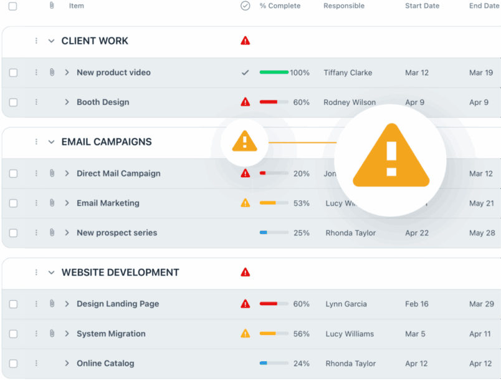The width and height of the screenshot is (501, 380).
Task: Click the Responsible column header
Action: (x=344, y=6)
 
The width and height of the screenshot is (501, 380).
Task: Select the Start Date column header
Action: (x=422, y=6)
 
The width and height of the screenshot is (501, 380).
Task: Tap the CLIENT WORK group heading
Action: (x=95, y=41)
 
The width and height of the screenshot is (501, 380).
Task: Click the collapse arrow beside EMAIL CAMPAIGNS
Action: (x=52, y=142)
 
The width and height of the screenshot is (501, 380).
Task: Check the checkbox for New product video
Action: (x=13, y=73)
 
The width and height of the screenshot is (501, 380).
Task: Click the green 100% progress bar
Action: (x=274, y=73)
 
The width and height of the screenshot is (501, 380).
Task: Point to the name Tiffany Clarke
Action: (x=348, y=73)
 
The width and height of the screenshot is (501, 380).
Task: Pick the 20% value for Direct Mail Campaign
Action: (x=302, y=174)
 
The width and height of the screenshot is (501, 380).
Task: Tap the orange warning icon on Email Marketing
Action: (x=246, y=203)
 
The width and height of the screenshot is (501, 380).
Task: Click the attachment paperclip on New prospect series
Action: (x=52, y=233)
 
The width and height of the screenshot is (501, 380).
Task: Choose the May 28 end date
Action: (x=481, y=233)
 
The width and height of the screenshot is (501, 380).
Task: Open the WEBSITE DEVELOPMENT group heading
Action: (x=120, y=273)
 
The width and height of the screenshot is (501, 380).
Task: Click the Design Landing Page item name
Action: (x=118, y=304)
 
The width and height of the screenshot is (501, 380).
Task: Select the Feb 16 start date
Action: (x=416, y=304)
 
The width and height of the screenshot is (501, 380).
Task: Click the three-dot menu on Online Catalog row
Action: (x=36, y=364)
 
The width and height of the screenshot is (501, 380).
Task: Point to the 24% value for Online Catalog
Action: (x=302, y=364)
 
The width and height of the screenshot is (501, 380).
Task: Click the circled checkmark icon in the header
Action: (x=246, y=6)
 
